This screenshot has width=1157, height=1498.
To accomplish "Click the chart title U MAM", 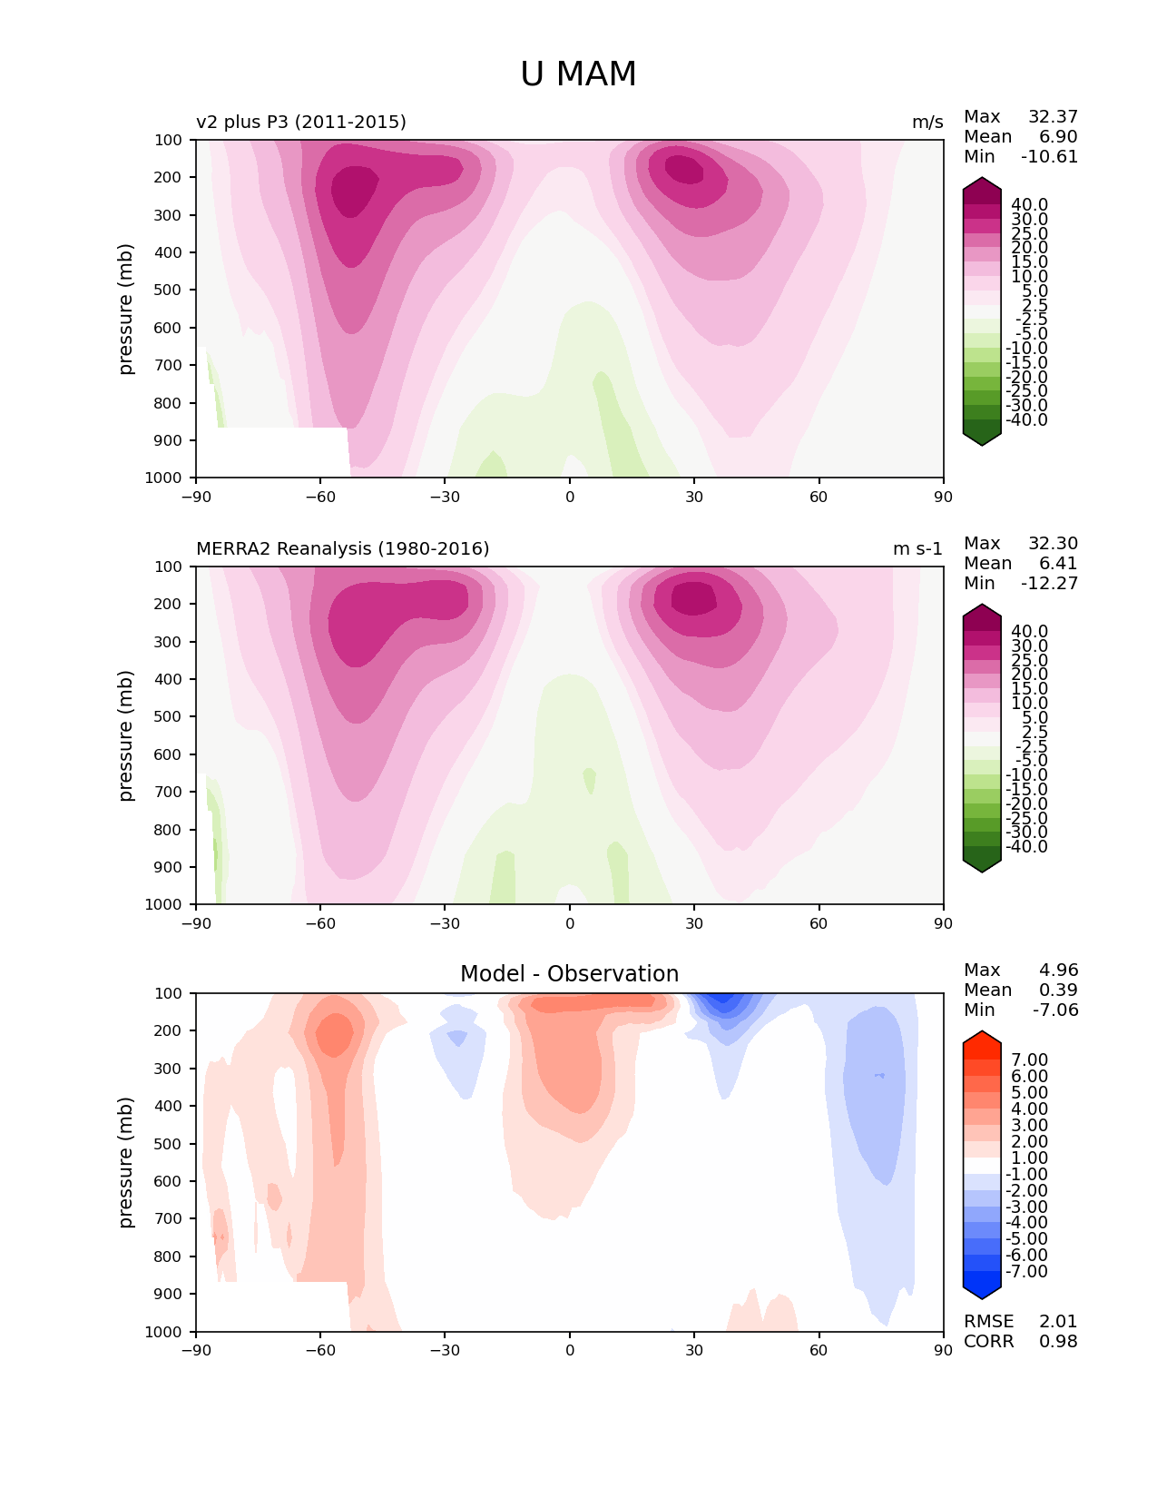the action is click(x=578, y=74).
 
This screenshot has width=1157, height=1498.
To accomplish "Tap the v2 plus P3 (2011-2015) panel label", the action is click(x=301, y=122).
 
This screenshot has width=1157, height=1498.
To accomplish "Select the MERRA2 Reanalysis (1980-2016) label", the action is click(x=342, y=548).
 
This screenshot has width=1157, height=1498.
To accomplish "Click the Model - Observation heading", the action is click(x=569, y=973).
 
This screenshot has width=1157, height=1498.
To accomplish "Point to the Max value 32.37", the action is click(x=1053, y=116).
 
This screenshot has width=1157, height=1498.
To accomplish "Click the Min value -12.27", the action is click(x=1049, y=583).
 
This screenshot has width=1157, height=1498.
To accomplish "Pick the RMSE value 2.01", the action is click(x=1058, y=1321).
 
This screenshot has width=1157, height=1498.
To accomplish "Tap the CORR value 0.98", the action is click(x=1058, y=1341).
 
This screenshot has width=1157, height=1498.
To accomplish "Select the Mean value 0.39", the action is click(x=1058, y=990).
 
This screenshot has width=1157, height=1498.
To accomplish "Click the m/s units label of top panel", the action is click(x=927, y=122).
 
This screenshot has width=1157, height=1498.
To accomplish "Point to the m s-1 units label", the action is click(x=917, y=548).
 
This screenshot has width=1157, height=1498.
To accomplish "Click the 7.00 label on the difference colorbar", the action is click(x=1029, y=1059).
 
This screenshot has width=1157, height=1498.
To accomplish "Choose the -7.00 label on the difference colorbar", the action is click(x=1026, y=1271).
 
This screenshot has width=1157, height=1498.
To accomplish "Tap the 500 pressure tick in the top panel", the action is click(x=168, y=291).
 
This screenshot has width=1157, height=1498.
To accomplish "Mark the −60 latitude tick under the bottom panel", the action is click(x=320, y=1350).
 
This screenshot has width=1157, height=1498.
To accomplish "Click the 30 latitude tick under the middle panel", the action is click(x=694, y=923).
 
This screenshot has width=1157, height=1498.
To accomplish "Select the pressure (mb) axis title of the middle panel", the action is click(x=124, y=734).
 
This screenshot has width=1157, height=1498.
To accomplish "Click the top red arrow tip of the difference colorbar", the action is click(x=981, y=1030).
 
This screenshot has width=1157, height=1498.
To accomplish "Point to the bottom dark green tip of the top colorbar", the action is click(x=981, y=446).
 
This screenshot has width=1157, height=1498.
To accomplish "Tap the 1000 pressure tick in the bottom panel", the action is click(x=163, y=1331).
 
